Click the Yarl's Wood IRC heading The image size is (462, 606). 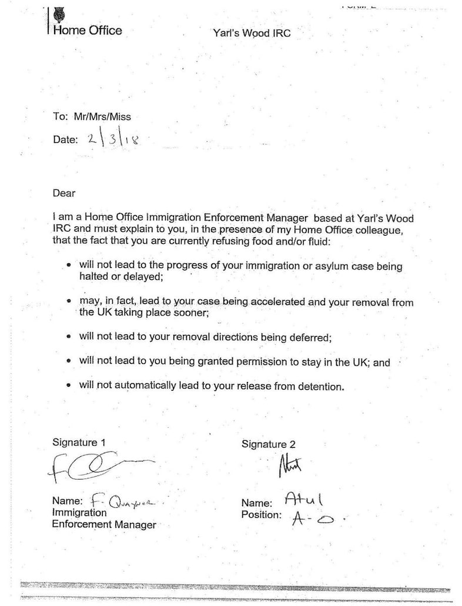[251, 33]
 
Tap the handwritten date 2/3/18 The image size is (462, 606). [113, 140]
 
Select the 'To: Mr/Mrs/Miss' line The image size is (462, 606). [92, 116]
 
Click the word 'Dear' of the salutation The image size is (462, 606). [64, 192]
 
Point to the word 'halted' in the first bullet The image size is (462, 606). [95, 276]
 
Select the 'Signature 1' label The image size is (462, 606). [79, 442]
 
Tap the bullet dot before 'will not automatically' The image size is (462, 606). [70, 386]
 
